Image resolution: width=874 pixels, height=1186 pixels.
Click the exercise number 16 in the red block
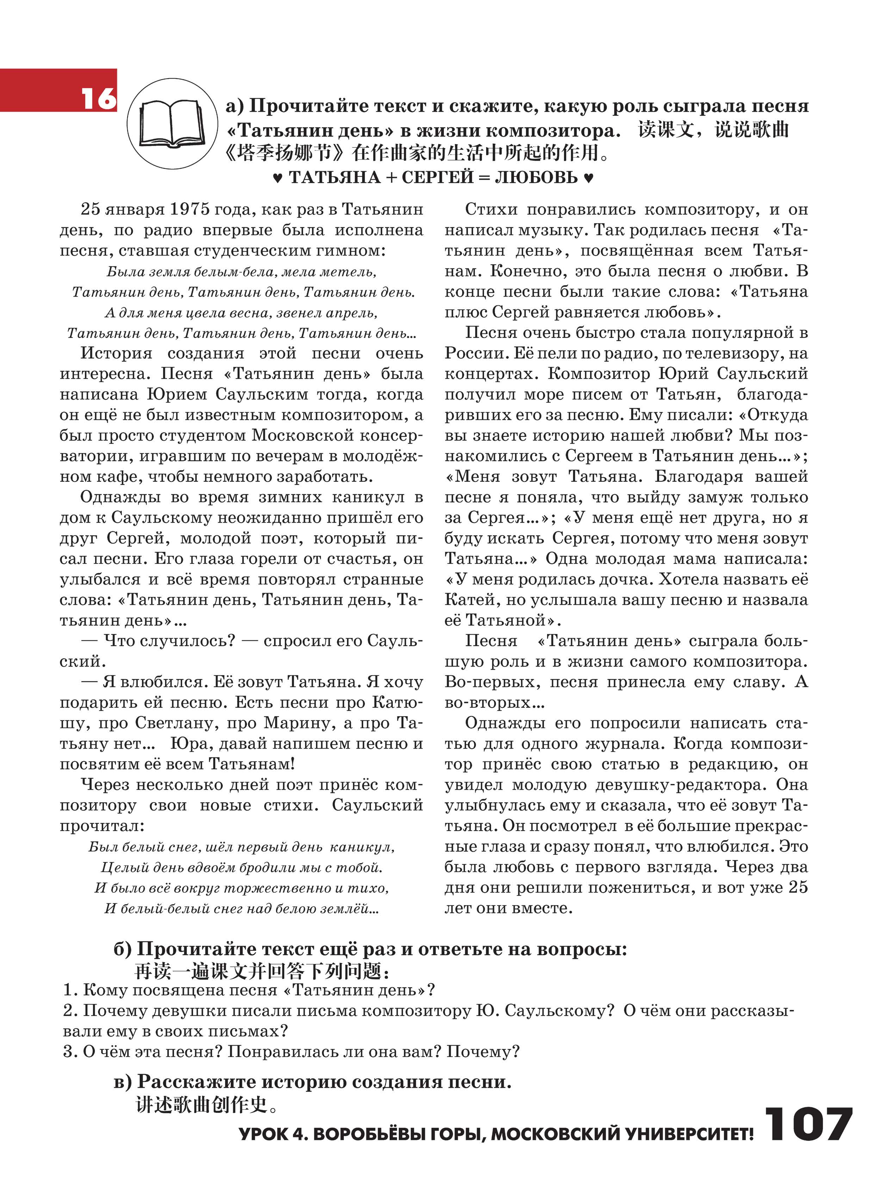point(98,98)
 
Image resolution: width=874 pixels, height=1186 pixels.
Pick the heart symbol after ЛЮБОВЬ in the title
point(588,178)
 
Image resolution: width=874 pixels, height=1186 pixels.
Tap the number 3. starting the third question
point(70,1052)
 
